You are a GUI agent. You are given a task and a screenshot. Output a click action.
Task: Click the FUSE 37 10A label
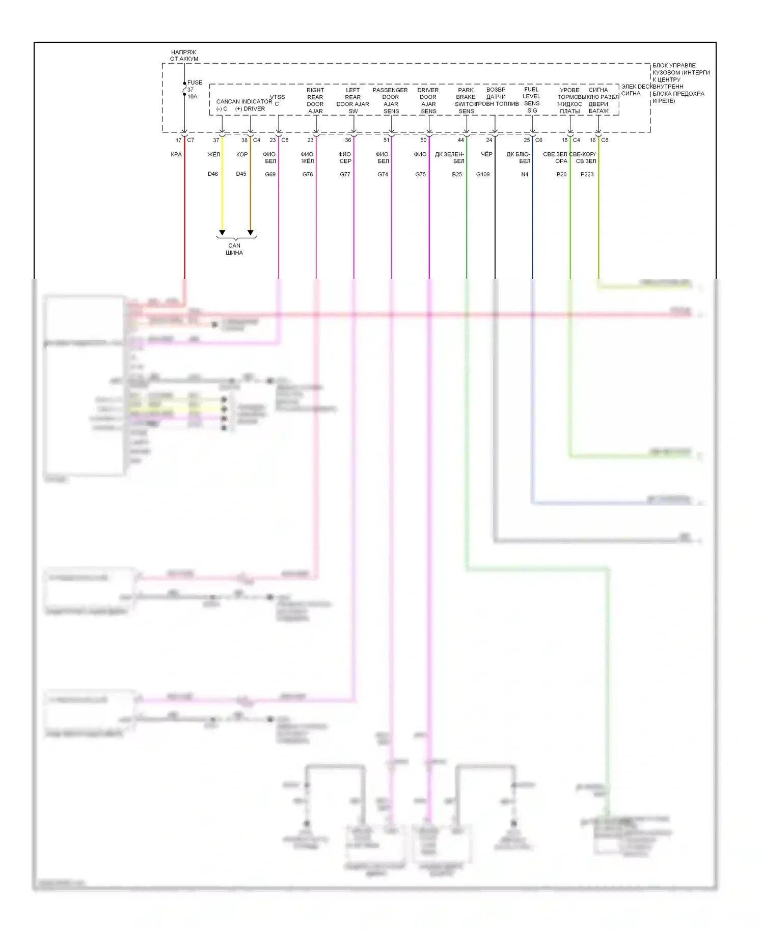(x=193, y=89)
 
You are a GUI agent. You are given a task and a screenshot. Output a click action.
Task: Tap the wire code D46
(x=213, y=174)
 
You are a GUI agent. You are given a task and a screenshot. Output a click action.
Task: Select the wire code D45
(x=241, y=174)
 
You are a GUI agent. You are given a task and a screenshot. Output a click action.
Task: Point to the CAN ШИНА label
(x=234, y=249)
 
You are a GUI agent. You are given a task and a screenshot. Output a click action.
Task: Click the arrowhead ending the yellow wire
(x=222, y=233)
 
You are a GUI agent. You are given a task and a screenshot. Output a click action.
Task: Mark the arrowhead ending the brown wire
(x=250, y=233)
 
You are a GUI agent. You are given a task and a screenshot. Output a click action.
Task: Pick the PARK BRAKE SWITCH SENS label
(x=466, y=100)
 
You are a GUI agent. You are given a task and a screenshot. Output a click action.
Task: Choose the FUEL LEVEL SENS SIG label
(x=531, y=100)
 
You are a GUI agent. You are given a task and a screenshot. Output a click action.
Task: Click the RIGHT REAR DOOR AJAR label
(x=315, y=100)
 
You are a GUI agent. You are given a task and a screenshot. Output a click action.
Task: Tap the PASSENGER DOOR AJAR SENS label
(x=390, y=100)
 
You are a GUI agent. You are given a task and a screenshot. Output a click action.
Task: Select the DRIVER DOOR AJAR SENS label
(x=428, y=100)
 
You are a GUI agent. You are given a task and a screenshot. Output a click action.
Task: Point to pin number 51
(x=386, y=140)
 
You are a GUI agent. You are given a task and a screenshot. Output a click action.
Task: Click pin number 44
(x=461, y=140)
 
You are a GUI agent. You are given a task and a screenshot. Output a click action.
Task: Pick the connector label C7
(x=190, y=140)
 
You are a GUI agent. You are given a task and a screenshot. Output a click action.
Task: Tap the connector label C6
(x=539, y=140)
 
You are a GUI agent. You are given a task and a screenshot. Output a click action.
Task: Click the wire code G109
(x=483, y=174)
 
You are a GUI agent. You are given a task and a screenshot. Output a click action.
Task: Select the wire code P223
(x=587, y=174)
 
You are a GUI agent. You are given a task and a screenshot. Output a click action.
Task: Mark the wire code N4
(x=525, y=174)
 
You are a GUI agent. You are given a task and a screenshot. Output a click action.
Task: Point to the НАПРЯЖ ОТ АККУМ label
(x=184, y=56)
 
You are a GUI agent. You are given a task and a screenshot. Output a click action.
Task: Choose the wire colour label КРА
(x=176, y=154)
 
